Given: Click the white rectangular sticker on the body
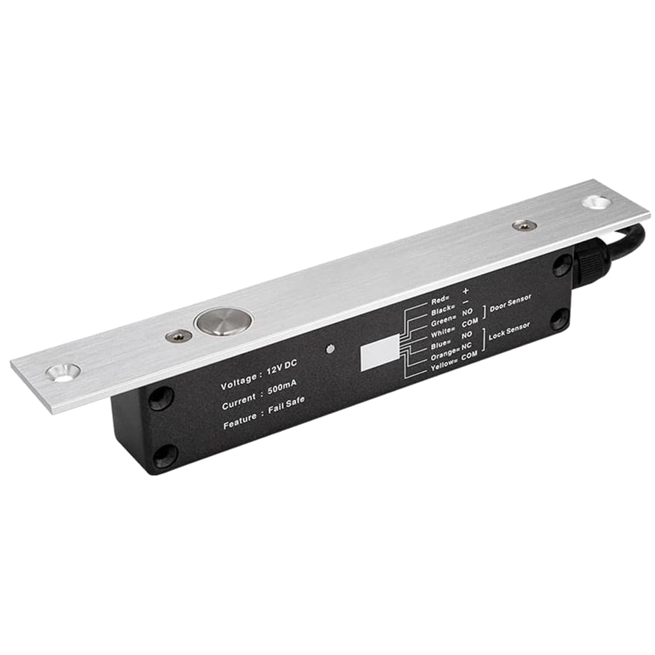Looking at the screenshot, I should [379, 356].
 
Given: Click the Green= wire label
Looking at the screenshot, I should [444, 320].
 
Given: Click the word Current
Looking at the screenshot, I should [240, 406].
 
